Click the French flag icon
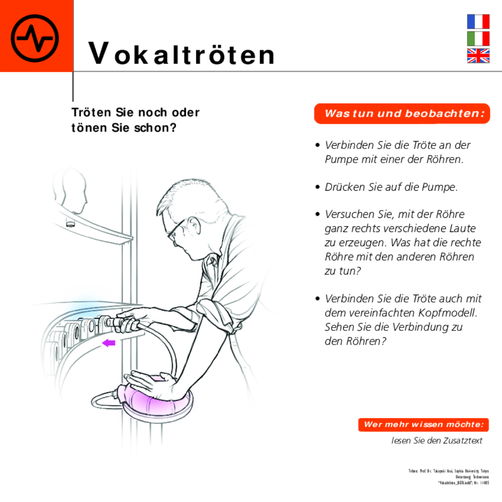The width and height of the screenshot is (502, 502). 478,21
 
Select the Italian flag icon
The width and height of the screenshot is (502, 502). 478,38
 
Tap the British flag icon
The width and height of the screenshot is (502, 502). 478,56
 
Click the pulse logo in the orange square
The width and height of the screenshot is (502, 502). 35,38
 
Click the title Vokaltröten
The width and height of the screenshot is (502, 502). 182,54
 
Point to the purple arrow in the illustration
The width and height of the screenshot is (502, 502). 108,343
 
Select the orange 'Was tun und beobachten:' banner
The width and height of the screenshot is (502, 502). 402,114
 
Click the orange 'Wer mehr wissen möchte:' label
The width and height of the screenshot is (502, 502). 423,425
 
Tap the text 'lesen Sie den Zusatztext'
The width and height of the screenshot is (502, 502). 436,440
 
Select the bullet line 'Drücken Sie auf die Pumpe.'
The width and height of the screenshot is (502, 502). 391,187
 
